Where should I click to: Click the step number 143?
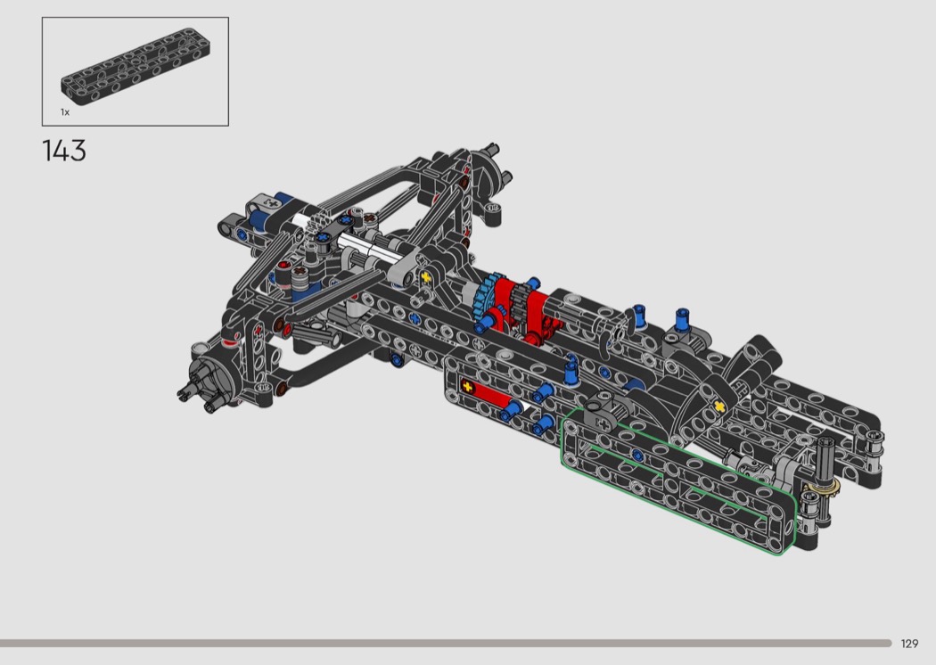[64, 151]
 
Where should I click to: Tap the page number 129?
[909, 644]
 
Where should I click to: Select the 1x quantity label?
[65, 112]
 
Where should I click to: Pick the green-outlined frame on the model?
[678, 481]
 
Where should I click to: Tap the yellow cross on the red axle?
[467, 387]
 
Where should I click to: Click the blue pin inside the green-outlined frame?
[637, 456]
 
